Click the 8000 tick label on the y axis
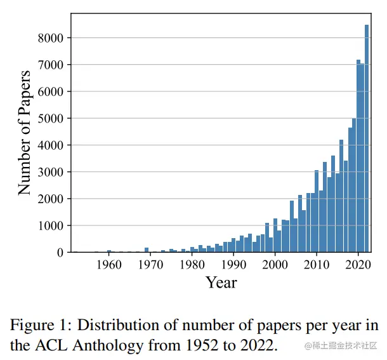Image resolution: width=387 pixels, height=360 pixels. click(51, 38)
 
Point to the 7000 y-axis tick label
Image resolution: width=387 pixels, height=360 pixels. click(51, 65)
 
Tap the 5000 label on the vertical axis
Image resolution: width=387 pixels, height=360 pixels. click(51, 119)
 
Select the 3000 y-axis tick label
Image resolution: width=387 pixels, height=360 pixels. click(51, 172)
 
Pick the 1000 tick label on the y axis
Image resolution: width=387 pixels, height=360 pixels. click(51, 226)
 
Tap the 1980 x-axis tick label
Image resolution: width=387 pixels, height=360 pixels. click(192, 264)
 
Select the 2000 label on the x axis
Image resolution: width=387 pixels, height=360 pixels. click(275, 264)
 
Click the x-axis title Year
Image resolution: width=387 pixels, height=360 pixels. click(221, 282)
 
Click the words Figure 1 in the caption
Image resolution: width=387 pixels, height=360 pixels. click(39, 326)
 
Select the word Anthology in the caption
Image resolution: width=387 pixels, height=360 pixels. click(96, 345)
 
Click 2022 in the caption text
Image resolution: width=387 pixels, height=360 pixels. click(256, 345)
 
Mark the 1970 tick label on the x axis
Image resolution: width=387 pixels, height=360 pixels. click(150, 264)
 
